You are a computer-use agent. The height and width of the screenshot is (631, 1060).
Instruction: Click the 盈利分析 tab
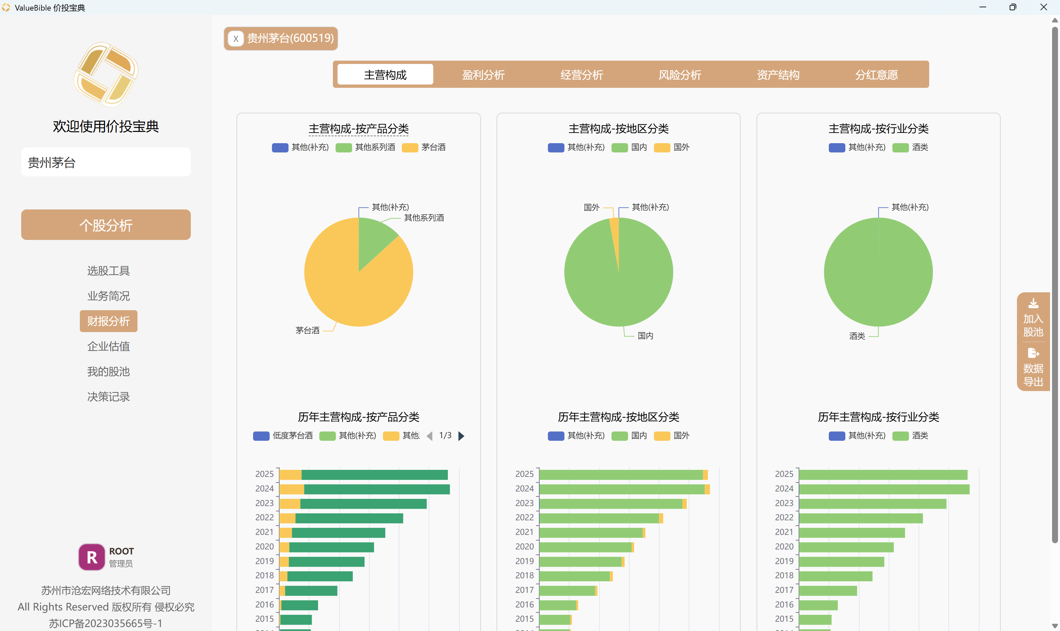click(483, 75)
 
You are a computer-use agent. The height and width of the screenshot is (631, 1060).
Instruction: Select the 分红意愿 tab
click(876, 75)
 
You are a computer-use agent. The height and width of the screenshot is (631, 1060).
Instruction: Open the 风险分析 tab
click(680, 75)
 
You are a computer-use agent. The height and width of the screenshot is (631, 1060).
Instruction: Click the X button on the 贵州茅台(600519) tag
click(236, 39)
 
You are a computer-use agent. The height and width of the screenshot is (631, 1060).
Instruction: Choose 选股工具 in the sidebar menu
click(108, 271)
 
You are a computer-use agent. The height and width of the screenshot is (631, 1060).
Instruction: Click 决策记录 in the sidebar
click(108, 397)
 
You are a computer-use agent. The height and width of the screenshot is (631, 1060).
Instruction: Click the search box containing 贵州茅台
click(106, 162)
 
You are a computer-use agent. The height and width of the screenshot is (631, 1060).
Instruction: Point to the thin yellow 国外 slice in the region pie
click(614, 238)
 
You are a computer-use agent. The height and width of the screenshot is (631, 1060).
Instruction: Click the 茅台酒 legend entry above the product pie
click(424, 147)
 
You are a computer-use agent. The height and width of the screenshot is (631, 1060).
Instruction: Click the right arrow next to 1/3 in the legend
click(461, 436)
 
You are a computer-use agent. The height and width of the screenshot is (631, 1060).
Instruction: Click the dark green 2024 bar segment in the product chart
click(377, 489)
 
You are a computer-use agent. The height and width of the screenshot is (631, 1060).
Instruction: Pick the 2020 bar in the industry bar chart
click(846, 547)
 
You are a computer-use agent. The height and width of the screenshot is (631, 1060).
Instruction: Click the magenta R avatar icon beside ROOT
click(91, 557)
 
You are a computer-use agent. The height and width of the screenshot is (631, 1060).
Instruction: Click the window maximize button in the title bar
click(1013, 7)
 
